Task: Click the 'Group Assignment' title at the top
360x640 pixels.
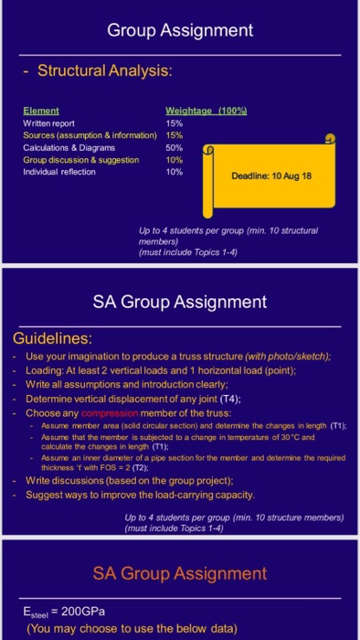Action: click(180, 30)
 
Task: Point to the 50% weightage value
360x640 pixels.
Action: click(174, 146)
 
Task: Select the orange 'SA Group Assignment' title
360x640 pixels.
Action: click(180, 573)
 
